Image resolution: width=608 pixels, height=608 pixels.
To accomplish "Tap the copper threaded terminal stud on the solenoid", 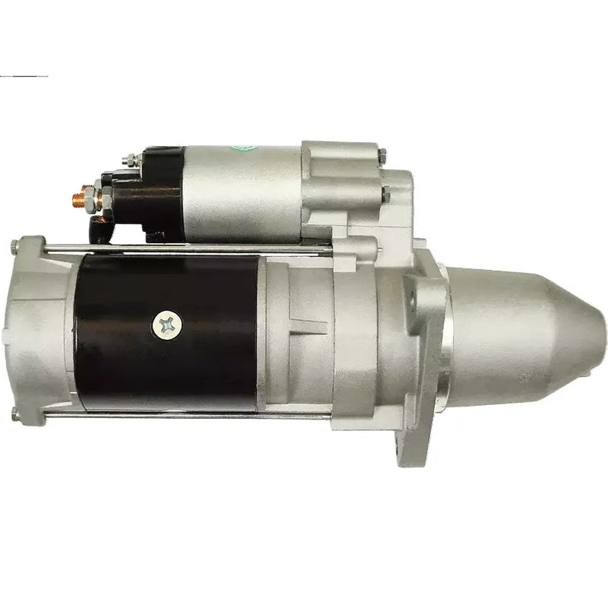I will (x=78, y=200).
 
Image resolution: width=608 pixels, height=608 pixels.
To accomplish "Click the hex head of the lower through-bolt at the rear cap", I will (x=16, y=413).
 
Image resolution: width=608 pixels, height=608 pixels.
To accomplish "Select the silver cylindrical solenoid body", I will (x=243, y=190).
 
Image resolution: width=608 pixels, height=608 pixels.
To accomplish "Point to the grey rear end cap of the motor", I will (x=42, y=331).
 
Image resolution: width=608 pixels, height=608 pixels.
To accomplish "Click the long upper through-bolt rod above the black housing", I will (x=190, y=246).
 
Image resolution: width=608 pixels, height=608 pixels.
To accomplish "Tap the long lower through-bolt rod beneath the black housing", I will (x=190, y=415).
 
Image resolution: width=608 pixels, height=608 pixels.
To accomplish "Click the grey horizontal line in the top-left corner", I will (x=24, y=77).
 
